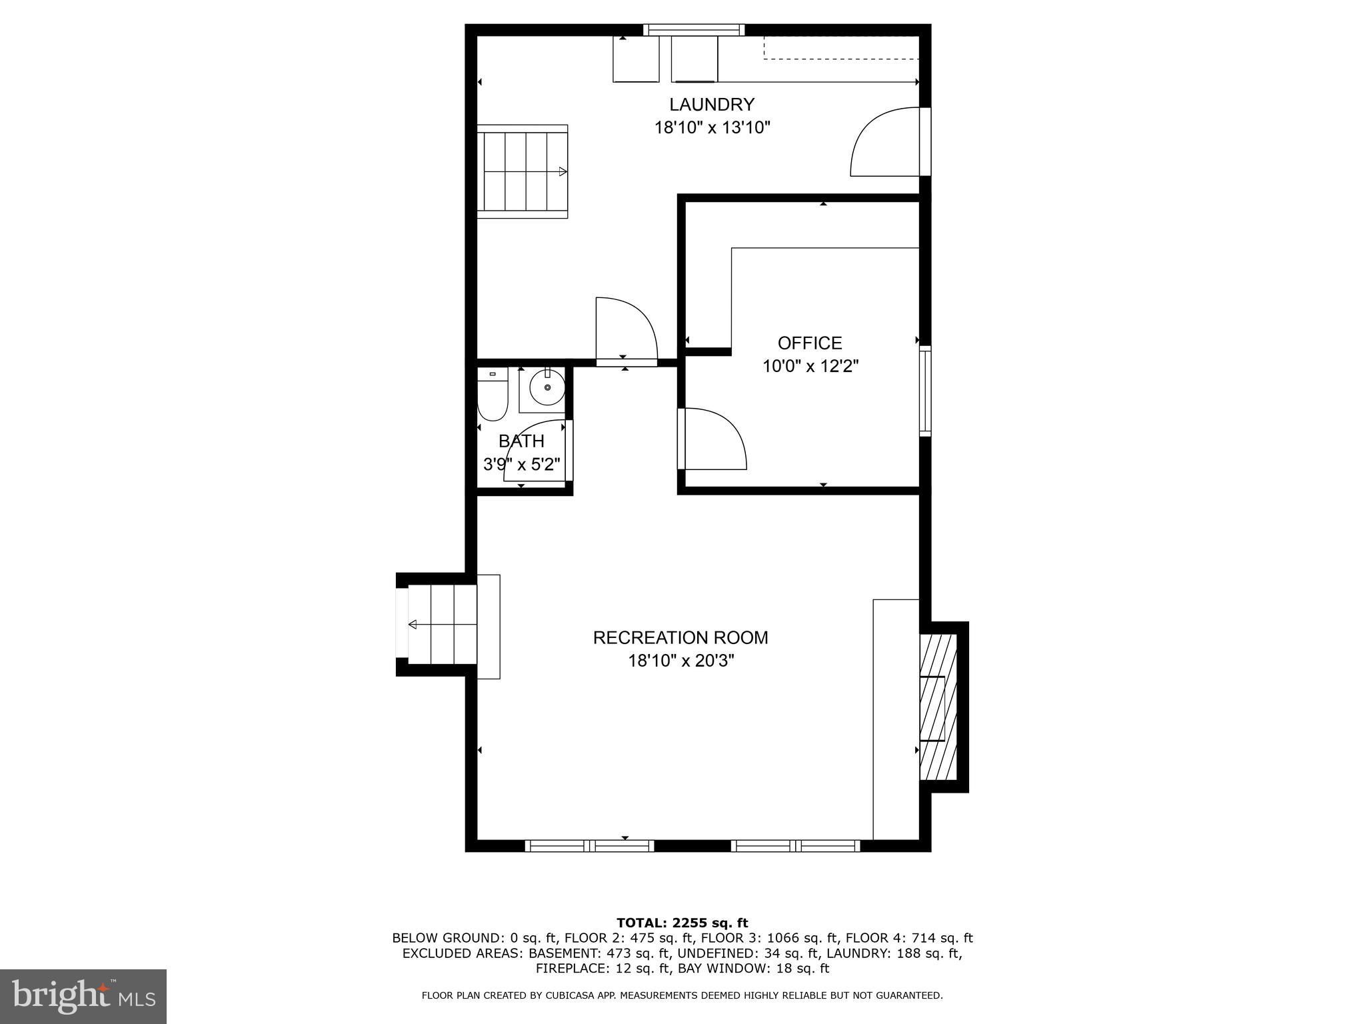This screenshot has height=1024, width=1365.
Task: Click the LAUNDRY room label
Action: tap(711, 105)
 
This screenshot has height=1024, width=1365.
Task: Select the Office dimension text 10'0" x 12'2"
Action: tap(810, 366)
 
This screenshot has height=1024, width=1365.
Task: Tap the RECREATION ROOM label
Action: tap(680, 638)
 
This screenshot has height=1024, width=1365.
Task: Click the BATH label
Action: tap(521, 441)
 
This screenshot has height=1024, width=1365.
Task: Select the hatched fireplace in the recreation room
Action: tap(938, 707)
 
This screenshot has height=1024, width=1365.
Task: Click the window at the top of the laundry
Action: tap(693, 29)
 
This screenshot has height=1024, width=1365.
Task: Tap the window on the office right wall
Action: tap(925, 391)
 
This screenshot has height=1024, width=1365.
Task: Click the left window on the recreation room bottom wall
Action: tap(589, 846)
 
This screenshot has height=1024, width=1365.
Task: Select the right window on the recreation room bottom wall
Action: tap(795, 846)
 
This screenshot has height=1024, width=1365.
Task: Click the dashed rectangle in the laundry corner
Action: tap(841, 47)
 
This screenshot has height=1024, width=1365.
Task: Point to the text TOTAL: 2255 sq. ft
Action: tap(682, 923)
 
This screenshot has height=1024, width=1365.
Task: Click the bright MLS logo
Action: tap(83, 996)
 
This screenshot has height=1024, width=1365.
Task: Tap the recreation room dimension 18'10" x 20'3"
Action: tap(681, 661)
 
